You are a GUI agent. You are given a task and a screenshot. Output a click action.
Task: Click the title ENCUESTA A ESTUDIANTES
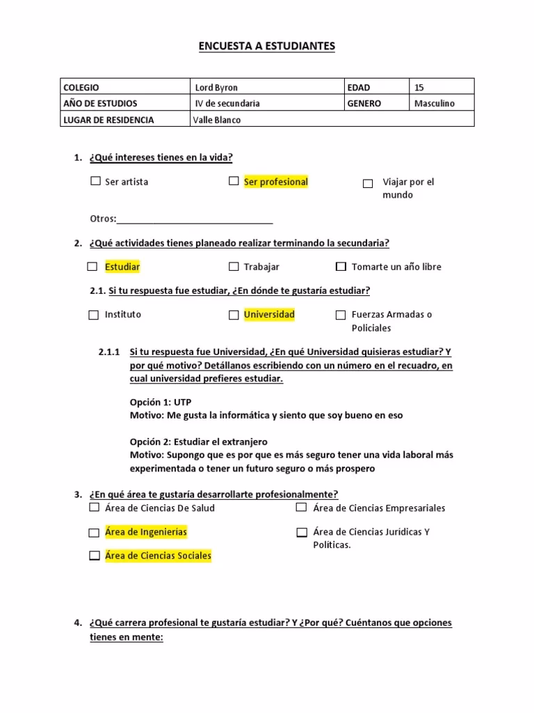coord(267,47)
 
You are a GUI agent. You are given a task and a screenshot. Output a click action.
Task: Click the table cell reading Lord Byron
coord(216,88)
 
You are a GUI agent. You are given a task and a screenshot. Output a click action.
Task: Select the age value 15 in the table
coord(419,88)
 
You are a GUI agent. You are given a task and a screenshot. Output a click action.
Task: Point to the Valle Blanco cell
coord(218,120)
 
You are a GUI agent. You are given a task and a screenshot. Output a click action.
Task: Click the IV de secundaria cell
coord(227,103)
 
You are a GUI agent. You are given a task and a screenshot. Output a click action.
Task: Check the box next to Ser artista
coord(95,181)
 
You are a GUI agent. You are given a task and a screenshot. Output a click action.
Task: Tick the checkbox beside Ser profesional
coord(234,181)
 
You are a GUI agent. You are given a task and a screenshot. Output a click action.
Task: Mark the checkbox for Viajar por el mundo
coord(368,184)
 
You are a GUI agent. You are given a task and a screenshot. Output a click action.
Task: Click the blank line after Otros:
coord(195,219)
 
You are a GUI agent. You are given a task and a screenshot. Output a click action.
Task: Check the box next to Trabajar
coord(234,267)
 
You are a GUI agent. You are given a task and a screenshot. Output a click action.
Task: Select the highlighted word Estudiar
coord(122,267)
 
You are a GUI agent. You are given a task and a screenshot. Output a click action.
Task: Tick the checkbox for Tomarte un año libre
coord(341,267)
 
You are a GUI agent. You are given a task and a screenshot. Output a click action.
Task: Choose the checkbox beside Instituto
coord(94,315)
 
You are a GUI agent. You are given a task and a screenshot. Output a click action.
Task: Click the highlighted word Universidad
coord(269,314)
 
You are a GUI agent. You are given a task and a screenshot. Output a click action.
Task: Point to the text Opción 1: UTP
coord(161,402)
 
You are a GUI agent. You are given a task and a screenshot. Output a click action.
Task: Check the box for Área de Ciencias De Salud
coord(94,508)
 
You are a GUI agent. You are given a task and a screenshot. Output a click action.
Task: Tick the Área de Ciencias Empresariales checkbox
coord(301,508)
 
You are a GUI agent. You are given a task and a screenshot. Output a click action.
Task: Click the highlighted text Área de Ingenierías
coord(146,532)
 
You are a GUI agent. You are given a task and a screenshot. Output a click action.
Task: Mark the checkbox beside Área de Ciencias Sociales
coord(94,556)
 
